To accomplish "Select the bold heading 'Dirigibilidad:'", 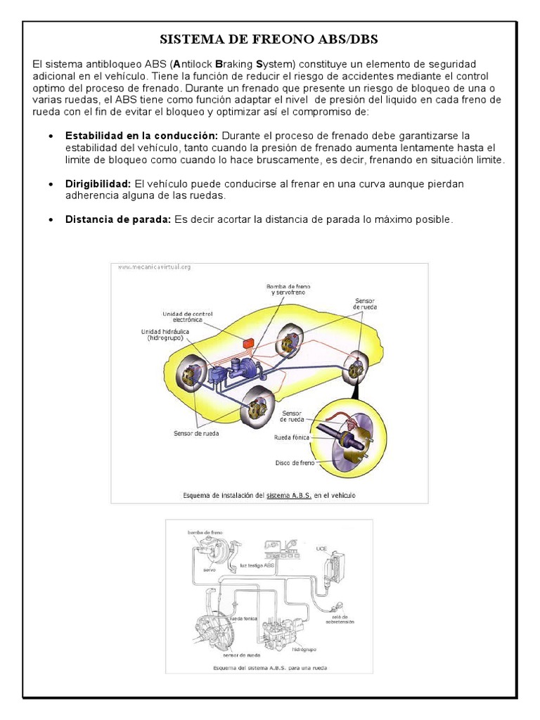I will pos(98,184).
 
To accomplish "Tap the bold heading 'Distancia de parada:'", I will pos(118,219).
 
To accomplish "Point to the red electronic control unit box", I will pos(247,344).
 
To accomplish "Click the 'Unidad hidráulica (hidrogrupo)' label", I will pos(166,335).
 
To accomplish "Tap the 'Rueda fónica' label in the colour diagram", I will pos(292,437).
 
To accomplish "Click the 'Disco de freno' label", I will pos(294,463).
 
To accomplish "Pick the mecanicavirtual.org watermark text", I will pos(154,268).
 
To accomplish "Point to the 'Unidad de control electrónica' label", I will pos(182,317).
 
